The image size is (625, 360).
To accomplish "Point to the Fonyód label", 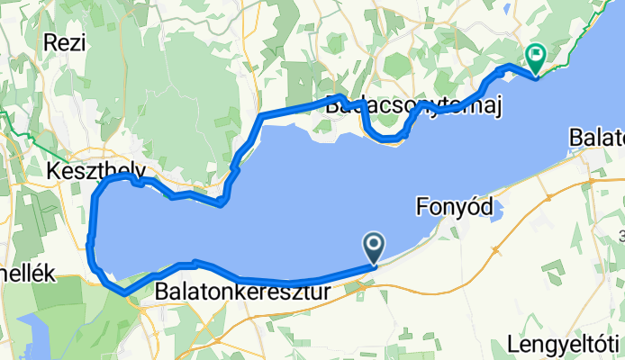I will tap(456, 207).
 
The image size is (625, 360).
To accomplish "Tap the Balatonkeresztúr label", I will tap(242, 292).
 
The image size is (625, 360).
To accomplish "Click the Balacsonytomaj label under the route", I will tap(412, 106).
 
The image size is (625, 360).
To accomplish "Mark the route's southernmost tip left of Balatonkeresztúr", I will tap(122, 292).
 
